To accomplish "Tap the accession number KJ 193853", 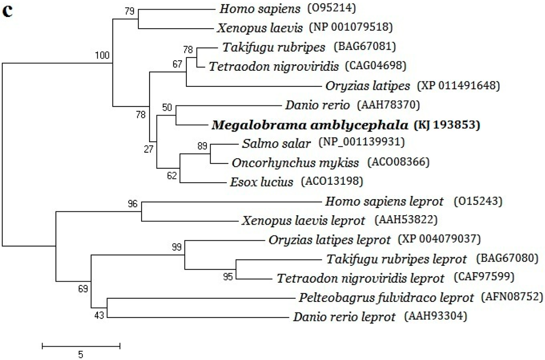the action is [x=447, y=126].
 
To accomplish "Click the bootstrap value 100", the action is [x=102, y=55].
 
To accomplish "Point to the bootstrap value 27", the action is [x=147, y=149].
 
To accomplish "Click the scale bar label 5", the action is [x=81, y=354].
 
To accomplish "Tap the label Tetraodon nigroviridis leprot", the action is [x=360, y=279].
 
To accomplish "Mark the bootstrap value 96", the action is [x=133, y=203].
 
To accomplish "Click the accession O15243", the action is [x=477, y=202].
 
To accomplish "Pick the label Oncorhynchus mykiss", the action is [x=295, y=162].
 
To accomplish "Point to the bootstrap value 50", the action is [x=167, y=108].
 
